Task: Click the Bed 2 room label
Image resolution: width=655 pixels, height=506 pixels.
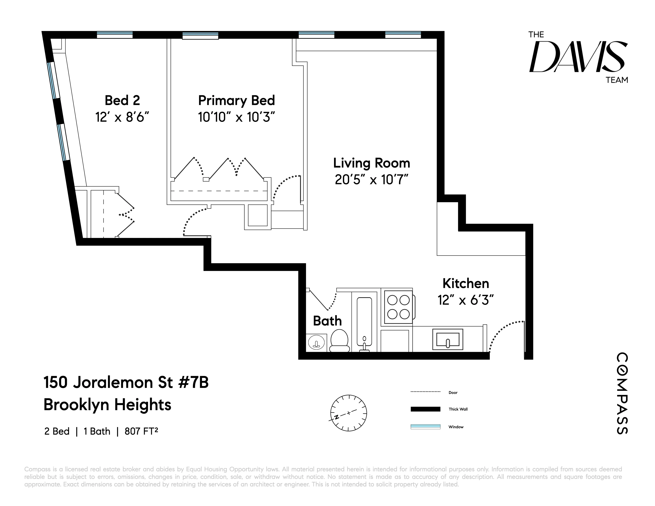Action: point(122,100)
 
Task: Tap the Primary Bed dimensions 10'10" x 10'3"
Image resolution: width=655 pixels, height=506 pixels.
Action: point(236,117)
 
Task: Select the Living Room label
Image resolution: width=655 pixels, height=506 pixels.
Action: point(372,163)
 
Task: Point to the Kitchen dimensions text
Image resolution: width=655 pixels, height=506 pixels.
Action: point(465,300)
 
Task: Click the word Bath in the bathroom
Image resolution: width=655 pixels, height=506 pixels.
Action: point(327,321)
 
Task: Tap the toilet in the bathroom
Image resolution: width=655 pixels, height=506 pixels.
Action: point(339,341)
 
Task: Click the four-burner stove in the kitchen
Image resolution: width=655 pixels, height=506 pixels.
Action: point(398,307)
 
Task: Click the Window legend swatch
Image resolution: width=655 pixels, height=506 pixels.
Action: point(425,427)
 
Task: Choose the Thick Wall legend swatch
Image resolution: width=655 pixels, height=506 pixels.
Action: point(425,409)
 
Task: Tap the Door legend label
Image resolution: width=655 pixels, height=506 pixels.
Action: point(453,393)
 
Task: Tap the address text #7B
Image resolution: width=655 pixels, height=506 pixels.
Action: point(194,383)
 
